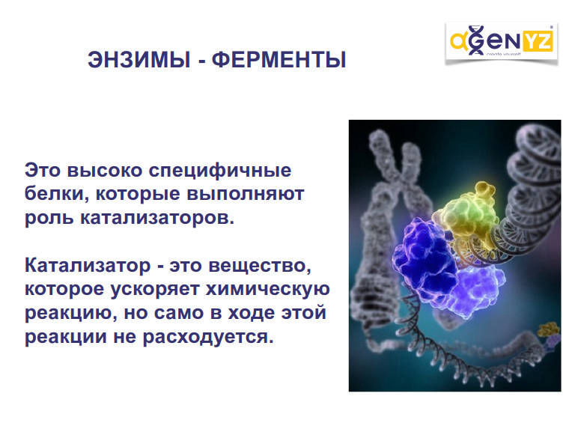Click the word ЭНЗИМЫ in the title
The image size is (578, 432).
point(139,60)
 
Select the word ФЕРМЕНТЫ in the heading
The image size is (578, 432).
point(279,60)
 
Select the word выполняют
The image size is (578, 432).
point(245,194)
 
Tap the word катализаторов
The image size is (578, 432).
point(157,217)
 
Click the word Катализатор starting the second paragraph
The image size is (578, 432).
point(88,265)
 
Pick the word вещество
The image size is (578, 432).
point(260,266)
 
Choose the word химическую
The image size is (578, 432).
point(267,289)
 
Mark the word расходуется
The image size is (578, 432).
point(208,337)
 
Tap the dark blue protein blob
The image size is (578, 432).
point(424,262)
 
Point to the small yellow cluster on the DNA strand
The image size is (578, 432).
point(548,329)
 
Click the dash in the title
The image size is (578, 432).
point(201,61)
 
